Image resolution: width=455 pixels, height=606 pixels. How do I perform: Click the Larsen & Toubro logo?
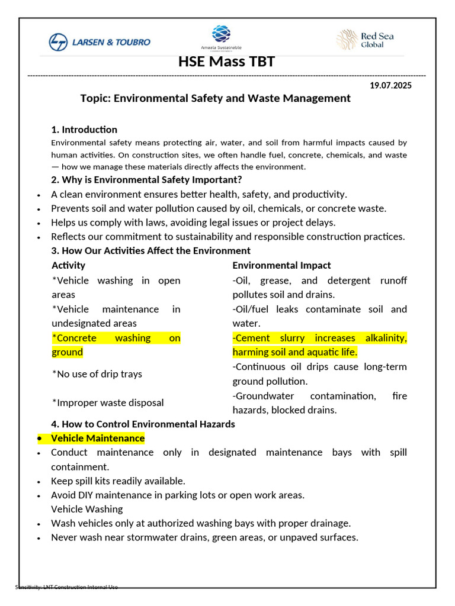point(100,41)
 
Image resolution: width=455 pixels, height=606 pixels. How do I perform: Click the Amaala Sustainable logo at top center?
point(221,38)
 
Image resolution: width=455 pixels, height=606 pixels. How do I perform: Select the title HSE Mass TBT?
point(227,62)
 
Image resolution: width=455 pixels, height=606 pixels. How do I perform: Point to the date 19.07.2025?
point(390,85)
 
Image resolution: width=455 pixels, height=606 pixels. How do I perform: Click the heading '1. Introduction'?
point(84,130)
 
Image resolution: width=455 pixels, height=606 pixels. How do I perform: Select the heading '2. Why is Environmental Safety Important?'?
point(146,180)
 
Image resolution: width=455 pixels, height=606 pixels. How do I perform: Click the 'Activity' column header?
point(68,265)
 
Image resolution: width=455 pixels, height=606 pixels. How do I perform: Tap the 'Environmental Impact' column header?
point(281,265)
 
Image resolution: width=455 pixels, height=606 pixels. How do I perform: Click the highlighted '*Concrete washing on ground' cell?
point(116,345)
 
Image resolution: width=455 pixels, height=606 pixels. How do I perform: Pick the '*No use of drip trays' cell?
point(97,374)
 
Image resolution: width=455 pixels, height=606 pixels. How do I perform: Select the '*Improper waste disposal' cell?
point(108,403)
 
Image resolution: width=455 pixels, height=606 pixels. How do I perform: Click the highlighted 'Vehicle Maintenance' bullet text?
point(98,439)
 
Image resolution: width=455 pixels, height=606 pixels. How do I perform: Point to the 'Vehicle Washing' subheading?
point(87,509)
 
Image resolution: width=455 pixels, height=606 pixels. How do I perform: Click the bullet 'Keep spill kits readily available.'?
point(118,481)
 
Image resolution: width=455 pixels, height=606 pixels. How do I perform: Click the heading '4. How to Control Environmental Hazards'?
point(143,424)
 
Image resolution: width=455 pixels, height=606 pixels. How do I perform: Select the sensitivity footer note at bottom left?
point(66,587)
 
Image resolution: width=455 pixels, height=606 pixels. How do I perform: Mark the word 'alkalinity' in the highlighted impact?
point(384,338)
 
